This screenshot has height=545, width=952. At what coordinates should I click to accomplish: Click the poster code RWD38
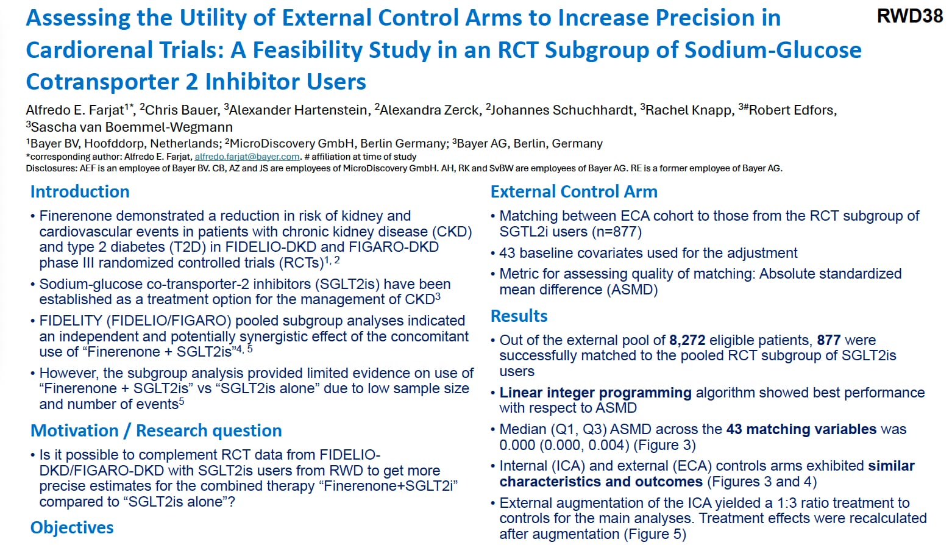[x=909, y=16]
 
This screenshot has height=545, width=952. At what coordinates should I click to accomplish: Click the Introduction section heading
[x=80, y=191]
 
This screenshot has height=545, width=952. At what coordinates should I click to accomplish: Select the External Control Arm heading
[x=574, y=191]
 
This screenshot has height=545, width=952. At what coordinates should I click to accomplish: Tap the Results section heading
[x=519, y=316]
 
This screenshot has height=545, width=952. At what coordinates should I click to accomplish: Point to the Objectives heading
[x=72, y=527]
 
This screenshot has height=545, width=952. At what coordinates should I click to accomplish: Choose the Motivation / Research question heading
[x=156, y=430]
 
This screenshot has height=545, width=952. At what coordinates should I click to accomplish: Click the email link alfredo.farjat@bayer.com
[x=247, y=157]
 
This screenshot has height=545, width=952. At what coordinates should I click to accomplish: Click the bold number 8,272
[x=687, y=340]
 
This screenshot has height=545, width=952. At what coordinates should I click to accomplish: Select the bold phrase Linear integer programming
[x=595, y=393]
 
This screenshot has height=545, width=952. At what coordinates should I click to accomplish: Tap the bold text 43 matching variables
[x=801, y=429]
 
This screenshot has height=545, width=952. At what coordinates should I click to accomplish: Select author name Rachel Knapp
[x=688, y=110]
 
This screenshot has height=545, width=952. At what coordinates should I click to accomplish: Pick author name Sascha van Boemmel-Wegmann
[x=132, y=127]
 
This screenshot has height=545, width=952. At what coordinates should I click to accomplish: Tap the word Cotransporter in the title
[x=101, y=82]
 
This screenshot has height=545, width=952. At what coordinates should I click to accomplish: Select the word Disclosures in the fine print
[x=51, y=168]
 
